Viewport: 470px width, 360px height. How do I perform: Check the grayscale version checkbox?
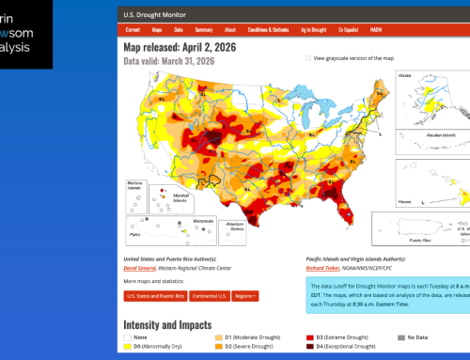[x=308, y=57]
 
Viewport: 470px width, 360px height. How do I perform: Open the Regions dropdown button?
[x=249, y=295]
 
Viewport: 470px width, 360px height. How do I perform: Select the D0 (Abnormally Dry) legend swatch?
[x=129, y=345]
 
